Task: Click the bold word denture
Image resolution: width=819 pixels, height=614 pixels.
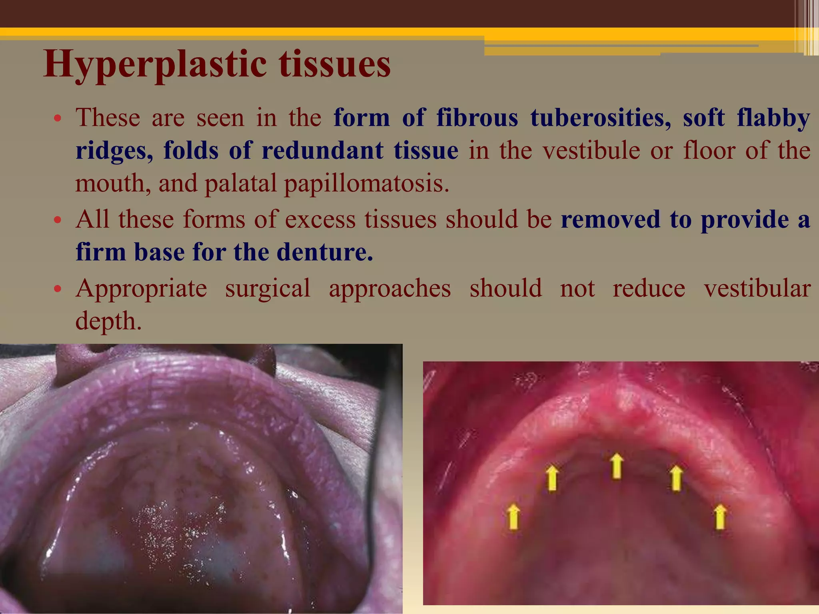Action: tap(324, 252)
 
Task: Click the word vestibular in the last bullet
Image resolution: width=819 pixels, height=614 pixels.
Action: tap(757, 289)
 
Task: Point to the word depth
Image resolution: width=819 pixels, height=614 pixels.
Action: tap(108, 321)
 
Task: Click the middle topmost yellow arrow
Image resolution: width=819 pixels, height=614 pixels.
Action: tap(617, 466)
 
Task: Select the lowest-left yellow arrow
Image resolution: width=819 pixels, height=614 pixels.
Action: tap(513, 516)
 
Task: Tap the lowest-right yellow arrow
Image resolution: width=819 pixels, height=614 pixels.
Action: tap(720, 516)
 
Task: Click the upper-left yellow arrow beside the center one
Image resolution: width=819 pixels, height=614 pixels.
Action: tap(552, 478)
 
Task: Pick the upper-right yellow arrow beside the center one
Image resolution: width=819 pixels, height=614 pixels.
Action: tap(676, 478)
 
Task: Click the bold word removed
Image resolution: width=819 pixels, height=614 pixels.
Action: tap(610, 220)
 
